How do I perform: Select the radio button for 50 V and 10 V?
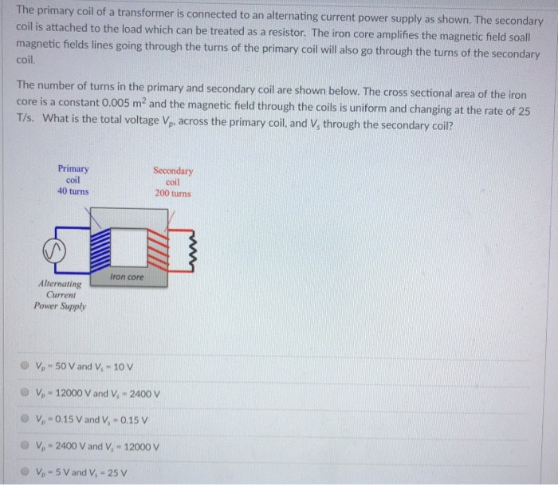coord(26,366)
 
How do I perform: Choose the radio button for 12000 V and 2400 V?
coord(26,392)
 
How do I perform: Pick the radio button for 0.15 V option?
coord(26,419)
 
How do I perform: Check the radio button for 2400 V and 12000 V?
coord(26,445)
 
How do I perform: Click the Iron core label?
coord(128,277)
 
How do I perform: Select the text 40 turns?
coord(73,191)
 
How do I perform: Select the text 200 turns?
coord(173,194)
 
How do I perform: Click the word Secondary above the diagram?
coord(172,171)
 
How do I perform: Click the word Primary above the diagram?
coord(73,168)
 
